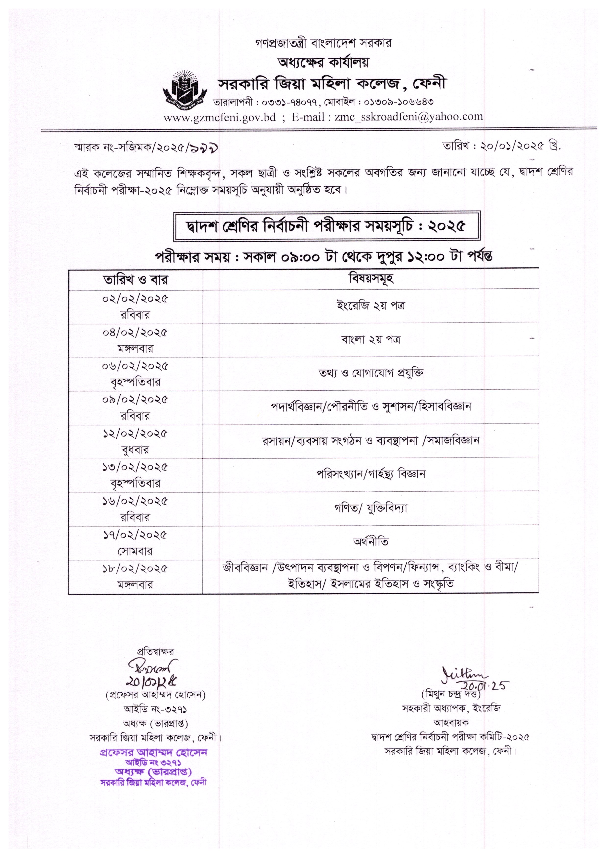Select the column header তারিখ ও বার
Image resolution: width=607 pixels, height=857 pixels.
coord(135,280)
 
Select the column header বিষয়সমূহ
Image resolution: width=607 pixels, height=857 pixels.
coord(371,278)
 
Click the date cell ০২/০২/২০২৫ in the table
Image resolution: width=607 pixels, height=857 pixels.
coord(135,299)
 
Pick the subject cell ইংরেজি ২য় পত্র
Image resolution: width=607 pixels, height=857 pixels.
coord(371,306)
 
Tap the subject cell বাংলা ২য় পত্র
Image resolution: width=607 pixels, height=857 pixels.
coord(371,340)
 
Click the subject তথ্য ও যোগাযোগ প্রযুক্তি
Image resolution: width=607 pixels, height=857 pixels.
coord(371,373)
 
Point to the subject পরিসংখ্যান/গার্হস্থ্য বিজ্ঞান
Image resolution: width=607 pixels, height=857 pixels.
coord(371,474)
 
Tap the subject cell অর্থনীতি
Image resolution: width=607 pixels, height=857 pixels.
coord(371,541)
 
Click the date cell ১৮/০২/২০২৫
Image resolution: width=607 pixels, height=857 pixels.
coord(135,569)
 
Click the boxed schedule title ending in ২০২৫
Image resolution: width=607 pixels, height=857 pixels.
coord(327,226)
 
